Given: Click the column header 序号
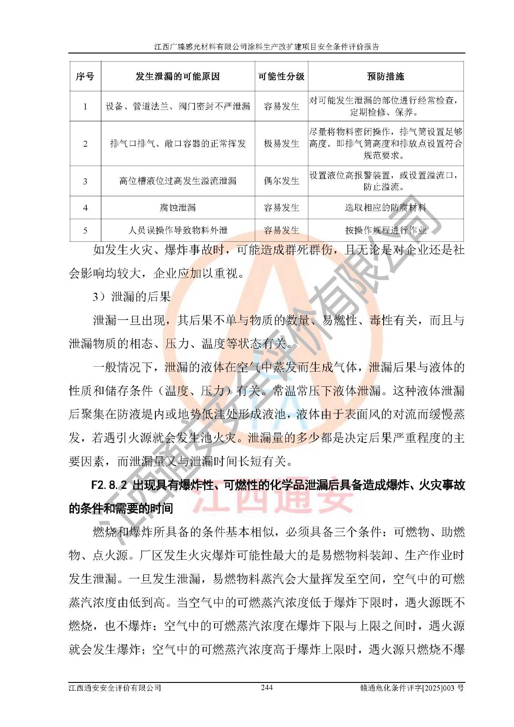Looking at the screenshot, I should (x=85, y=76).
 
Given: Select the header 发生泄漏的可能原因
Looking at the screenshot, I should (x=178, y=76).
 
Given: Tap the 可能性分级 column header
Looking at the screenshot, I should (x=281, y=76).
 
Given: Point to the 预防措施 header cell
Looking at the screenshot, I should (x=385, y=76).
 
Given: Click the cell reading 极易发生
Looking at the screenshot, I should (x=281, y=144).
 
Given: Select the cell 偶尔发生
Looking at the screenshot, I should (x=281, y=181).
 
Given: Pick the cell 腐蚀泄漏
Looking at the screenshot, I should (x=178, y=208).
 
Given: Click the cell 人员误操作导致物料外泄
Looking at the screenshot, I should (x=178, y=230).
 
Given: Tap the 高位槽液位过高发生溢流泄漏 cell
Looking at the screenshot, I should (x=178, y=181).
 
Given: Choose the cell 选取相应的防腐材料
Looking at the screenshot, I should (x=385, y=208).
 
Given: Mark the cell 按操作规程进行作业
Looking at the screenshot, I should (x=385, y=230).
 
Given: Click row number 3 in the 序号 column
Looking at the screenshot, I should (x=85, y=181).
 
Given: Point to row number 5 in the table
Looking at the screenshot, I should (x=85, y=231).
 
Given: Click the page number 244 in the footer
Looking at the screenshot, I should (x=267, y=687).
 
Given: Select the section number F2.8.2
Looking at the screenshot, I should (x=109, y=485).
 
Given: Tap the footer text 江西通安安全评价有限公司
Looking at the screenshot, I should (x=115, y=688).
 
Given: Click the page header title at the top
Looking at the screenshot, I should (x=267, y=46).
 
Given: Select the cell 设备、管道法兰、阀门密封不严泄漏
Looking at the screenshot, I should (x=178, y=106).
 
